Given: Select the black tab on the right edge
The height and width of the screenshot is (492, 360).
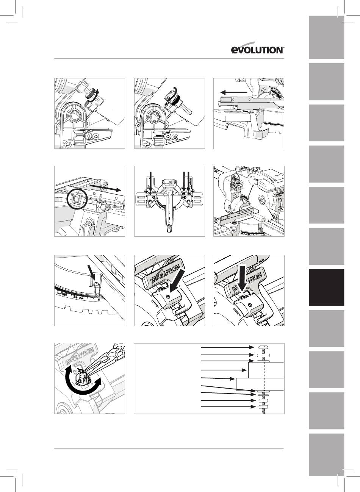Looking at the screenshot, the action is click(x=326, y=287).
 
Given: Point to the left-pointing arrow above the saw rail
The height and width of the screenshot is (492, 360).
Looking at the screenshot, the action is click(x=234, y=92).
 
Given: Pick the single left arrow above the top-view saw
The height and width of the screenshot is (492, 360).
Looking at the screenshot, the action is click(x=150, y=181).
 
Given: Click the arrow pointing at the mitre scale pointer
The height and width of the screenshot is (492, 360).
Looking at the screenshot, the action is click(x=91, y=273).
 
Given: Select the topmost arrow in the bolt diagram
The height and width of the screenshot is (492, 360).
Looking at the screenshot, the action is click(x=227, y=347).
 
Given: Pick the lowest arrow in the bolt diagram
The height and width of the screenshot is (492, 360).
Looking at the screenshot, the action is click(x=229, y=407).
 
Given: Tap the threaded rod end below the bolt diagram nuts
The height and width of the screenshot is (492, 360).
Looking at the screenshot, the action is click(x=263, y=410).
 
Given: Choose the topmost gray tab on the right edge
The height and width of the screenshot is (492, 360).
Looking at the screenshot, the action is click(x=326, y=37).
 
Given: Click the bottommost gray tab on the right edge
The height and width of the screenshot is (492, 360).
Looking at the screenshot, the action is click(x=326, y=455).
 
